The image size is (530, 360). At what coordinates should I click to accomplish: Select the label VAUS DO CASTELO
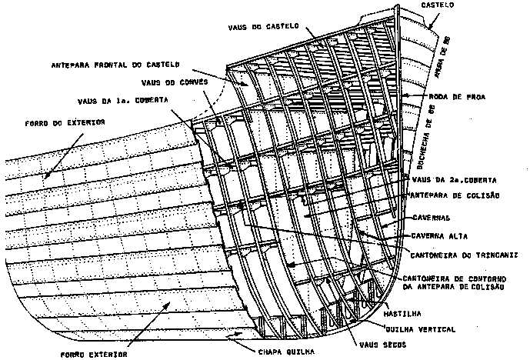(x=260, y=27)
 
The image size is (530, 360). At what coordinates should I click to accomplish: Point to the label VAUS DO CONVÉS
(x=172, y=82)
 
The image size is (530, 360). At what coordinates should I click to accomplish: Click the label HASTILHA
(x=402, y=314)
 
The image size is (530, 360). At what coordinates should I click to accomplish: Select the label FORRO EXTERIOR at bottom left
(x=96, y=355)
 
